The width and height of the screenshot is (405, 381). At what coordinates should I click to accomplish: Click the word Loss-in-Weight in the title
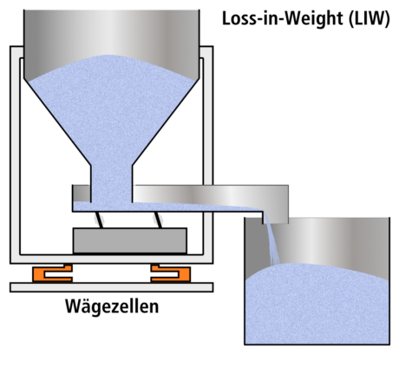pyautogui.click(x=271, y=18)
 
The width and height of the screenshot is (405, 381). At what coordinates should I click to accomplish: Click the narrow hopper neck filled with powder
pyautogui.click(x=112, y=178)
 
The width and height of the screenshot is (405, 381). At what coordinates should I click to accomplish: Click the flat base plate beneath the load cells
pyautogui.click(x=113, y=286)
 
